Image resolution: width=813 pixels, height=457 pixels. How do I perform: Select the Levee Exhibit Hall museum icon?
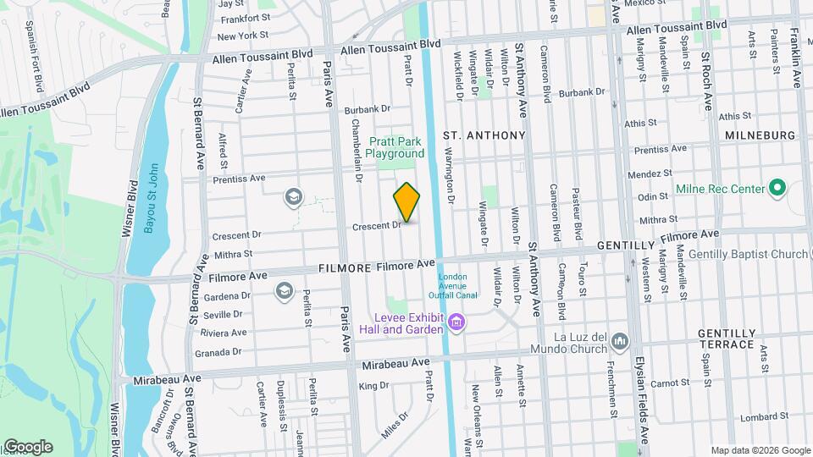click(x=457, y=322)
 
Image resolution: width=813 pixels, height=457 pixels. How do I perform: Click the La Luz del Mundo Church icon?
click(x=620, y=341)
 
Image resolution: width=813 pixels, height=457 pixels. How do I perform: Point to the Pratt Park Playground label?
click(x=395, y=148)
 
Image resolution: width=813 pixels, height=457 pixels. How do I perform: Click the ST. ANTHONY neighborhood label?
click(x=484, y=135)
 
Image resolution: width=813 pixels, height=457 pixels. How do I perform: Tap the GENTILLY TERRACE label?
click(x=726, y=339)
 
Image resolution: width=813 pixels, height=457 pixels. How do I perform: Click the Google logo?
click(x=27, y=447)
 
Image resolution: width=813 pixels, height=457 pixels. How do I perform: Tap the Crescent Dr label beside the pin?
click(x=376, y=226)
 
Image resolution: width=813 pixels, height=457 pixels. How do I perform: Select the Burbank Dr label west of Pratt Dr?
click(x=368, y=109)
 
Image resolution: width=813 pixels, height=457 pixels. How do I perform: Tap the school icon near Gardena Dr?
click(x=284, y=292)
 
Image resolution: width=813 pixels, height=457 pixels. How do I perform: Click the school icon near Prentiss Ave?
click(x=294, y=197)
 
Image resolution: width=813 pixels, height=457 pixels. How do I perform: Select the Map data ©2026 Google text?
click(x=760, y=450)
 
